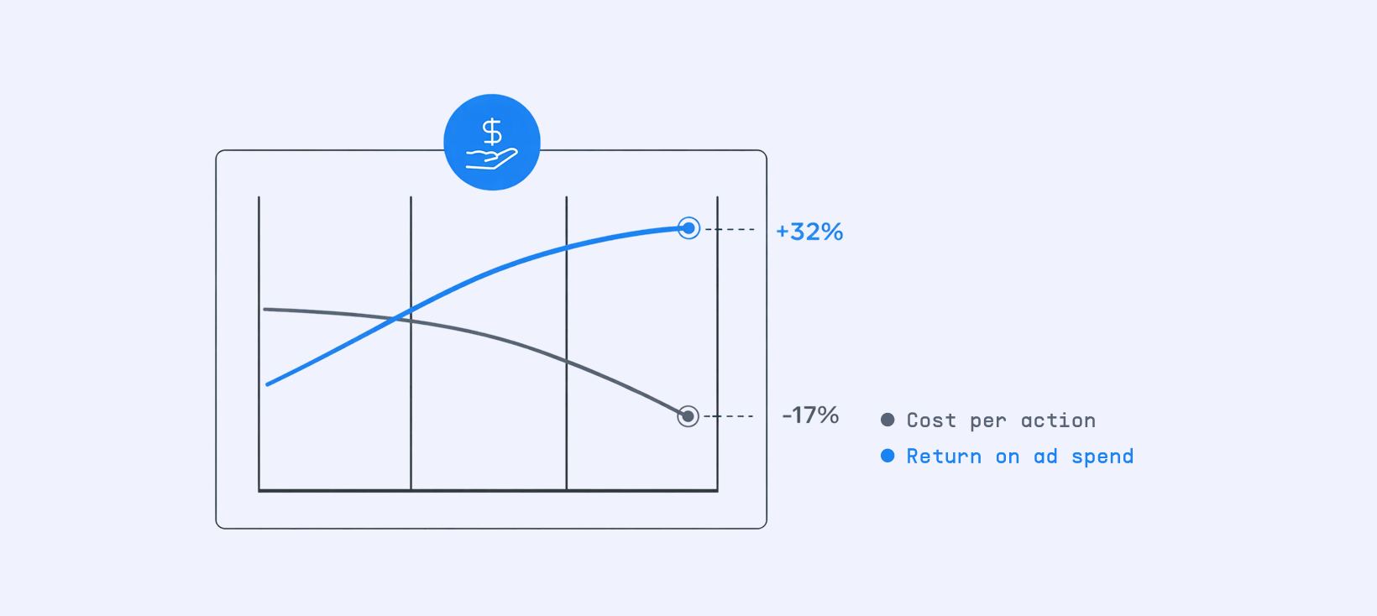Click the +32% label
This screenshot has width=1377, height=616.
(809, 232)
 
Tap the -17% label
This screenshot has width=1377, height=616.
(810, 415)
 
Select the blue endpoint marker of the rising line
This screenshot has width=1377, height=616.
(688, 228)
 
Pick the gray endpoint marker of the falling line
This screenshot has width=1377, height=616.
(688, 416)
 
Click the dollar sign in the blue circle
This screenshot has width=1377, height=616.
(492, 132)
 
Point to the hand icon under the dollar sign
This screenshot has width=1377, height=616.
(492, 159)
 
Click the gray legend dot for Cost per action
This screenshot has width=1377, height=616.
(887, 420)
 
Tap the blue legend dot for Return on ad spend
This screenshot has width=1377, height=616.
(887, 456)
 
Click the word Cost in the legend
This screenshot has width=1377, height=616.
(931, 420)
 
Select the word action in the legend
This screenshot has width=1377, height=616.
(1058, 420)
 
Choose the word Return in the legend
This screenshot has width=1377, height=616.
(944, 457)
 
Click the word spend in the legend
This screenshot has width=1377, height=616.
(1102, 457)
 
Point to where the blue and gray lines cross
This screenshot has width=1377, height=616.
(397, 318)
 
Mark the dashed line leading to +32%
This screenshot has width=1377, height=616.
(730, 229)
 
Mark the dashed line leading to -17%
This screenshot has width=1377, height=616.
(729, 416)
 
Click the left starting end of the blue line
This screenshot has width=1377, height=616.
(268, 384)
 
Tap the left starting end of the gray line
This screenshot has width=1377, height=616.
(265, 310)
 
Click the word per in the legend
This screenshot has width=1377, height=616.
(988, 421)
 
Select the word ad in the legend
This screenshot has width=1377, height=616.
(1045, 457)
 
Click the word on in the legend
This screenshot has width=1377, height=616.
(1008, 457)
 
